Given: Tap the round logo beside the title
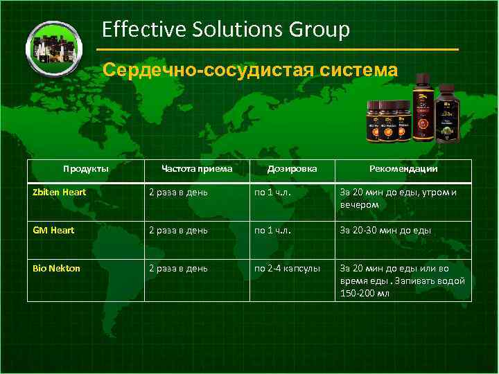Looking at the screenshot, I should pos(53,48).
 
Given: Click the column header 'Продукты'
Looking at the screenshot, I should pos(85,168).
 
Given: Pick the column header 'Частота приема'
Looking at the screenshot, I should pos(196,168).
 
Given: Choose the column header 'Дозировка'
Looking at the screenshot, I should pos(292,168).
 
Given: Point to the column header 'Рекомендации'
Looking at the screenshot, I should pos(403,168).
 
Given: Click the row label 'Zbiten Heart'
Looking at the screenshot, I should pos(60,193).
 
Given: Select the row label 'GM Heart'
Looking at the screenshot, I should pos(53,230).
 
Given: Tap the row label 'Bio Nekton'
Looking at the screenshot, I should pos(57,268).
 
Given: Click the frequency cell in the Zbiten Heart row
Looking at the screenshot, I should pos(178,193).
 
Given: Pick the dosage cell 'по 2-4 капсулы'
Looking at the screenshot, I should pos(287,268).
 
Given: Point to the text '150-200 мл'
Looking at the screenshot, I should pos(364,293).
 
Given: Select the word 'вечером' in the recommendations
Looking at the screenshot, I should pos(359,204).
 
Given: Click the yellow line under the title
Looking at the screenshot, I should pos(277,51).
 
